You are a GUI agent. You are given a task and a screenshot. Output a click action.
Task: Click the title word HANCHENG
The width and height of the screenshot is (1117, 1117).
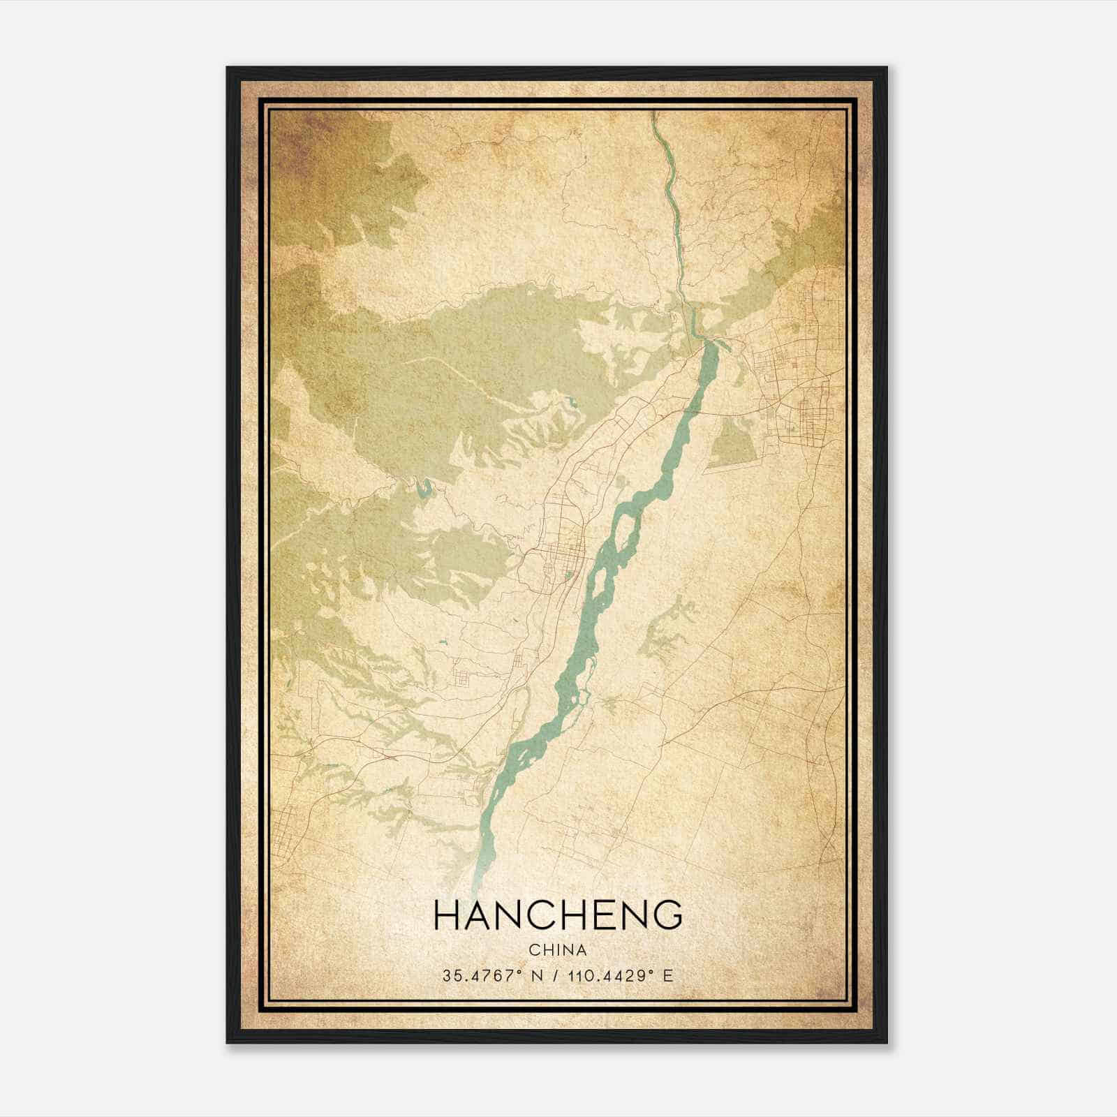click(x=558, y=915)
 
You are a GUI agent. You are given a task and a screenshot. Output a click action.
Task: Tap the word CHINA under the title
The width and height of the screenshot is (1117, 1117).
click(x=558, y=950)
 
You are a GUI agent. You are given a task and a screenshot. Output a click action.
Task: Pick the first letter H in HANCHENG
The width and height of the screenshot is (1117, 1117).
click(x=447, y=915)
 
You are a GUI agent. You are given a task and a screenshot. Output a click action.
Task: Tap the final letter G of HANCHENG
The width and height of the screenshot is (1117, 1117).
click(x=668, y=915)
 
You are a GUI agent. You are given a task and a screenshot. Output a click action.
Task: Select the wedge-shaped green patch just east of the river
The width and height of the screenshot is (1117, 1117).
click(x=733, y=443)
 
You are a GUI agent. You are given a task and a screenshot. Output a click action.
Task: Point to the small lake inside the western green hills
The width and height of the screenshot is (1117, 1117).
click(x=423, y=489)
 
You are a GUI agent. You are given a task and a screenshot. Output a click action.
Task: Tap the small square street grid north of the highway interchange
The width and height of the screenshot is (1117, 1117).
click(x=462, y=676)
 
